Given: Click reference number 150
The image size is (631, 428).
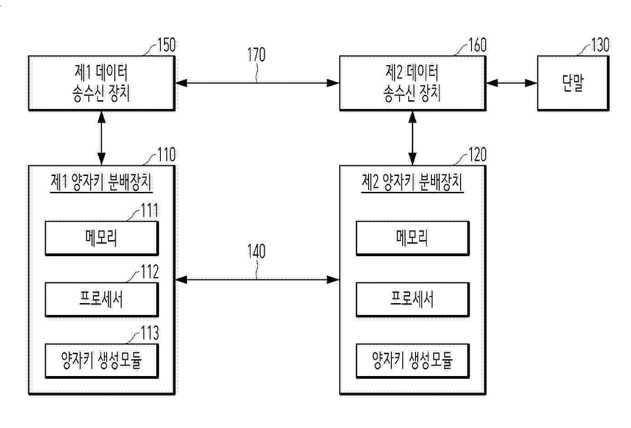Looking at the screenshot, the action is (x=166, y=45).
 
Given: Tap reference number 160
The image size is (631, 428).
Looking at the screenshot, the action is (x=477, y=45).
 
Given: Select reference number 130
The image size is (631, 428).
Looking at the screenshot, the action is (x=600, y=45).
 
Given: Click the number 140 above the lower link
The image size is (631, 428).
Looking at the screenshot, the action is (x=257, y=251).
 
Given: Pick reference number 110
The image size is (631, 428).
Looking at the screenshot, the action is (x=166, y=155).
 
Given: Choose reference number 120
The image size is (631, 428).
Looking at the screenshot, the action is (x=477, y=155).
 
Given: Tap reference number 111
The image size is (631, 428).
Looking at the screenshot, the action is (x=149, y=211).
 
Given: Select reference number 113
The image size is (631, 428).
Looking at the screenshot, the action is (x=150, y=333).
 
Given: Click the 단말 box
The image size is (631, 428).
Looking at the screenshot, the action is (x=573, y=83).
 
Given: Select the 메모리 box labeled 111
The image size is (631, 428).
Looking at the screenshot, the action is (x=102, y=238).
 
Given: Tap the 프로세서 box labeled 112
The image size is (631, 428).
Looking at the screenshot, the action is (x=102, y=300).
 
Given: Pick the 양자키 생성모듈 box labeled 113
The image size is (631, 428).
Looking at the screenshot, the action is (x=102, y=361).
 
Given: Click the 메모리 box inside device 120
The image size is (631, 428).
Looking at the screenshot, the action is (x=413, y=238).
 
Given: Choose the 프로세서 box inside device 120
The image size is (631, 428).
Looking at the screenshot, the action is (x=413, y=300).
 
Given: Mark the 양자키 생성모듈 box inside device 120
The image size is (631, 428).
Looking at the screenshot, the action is (x=413, y=361).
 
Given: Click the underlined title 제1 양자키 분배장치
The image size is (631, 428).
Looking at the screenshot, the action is (x=102, y=183).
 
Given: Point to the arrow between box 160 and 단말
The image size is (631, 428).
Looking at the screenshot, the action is (x=512, y=83).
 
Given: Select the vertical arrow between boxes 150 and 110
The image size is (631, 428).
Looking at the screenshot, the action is (x=102, y=138).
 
